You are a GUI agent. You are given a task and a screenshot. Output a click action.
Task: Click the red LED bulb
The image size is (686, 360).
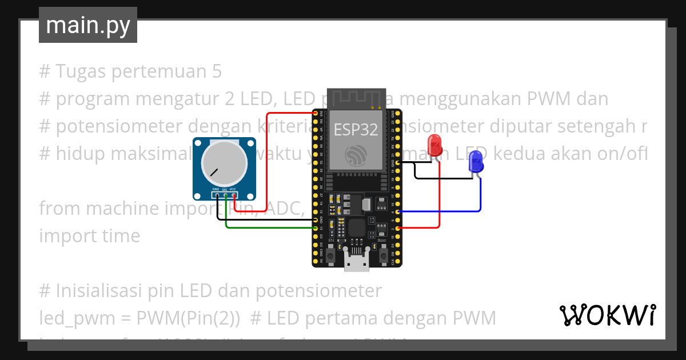coord(435,145)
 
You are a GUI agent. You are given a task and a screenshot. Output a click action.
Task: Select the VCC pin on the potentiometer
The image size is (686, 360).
coord(234,195)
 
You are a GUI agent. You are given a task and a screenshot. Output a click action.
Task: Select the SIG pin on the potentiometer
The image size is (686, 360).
coord(226,195)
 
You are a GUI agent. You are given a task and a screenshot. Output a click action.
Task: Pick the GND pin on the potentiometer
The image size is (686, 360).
coord(217,195)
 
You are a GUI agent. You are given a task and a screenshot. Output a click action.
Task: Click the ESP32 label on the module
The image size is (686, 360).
coord(356,130)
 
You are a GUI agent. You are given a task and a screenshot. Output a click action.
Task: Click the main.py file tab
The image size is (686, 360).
coord(88,26)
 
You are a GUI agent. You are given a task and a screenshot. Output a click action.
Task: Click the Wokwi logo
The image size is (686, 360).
coord(607,315)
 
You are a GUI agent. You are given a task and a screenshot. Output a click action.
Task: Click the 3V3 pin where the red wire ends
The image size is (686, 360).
coord(316,113)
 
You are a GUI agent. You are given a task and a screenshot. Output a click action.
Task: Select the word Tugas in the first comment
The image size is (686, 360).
coord(80,71)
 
